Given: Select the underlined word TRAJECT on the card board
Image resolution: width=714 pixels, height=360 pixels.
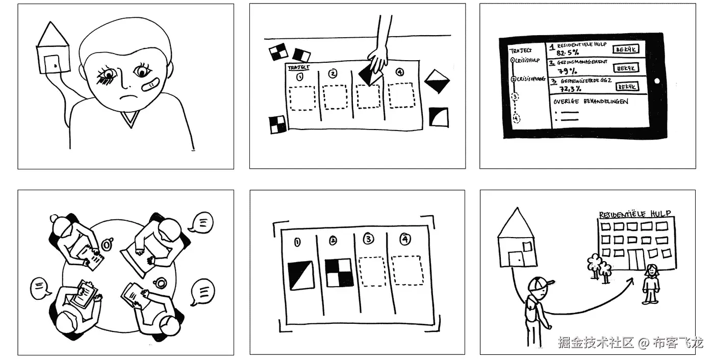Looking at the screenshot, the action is click(x=299, y=67).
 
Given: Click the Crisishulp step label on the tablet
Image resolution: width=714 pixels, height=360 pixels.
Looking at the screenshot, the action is click(x=528, y=60).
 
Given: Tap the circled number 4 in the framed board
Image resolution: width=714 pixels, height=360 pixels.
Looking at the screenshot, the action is click(x=405, y=239).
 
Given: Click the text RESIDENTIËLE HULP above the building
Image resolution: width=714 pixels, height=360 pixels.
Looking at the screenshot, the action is click(x=635, y=214).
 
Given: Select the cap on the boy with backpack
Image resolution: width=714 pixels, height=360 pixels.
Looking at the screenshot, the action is click(x=542, y=282).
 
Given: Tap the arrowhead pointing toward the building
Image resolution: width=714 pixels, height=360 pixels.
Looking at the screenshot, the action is click(x=632, y=280).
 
